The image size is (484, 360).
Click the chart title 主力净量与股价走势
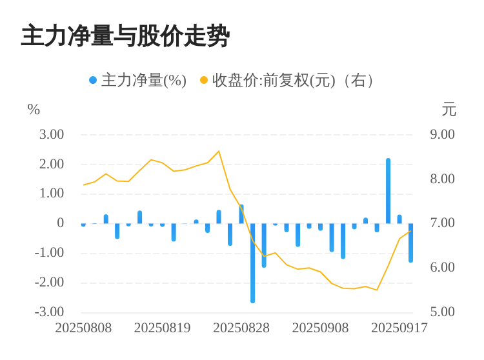(125, 36)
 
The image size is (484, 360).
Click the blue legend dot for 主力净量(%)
(93, 81)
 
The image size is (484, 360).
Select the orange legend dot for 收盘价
(204, 81)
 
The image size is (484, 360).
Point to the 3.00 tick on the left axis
(52, 135)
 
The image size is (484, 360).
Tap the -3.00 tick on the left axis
(49, 312)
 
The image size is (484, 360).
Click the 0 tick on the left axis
(60, 223)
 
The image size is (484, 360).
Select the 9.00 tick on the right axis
(443, 135)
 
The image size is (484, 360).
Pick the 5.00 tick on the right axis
(443, 312)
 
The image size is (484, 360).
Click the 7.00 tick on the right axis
(443, 223)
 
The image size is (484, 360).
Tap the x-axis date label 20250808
(83, 328)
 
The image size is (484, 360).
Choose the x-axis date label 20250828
(241, 328)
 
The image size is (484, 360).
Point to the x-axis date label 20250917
(399, 328)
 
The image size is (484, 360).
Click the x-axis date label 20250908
(320, 328)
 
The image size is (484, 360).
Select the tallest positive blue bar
(388, 191)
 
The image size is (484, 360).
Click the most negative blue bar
(252, 263)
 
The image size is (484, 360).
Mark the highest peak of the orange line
(219, 151)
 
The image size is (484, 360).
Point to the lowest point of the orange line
(377, 290)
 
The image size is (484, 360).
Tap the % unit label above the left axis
(34, 110)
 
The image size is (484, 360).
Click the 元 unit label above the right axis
(449, 110)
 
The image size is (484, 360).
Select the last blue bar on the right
(410, 243)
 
